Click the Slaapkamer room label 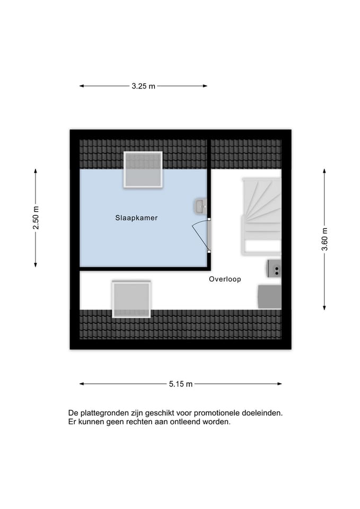[136, 218]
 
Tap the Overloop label [225, 279]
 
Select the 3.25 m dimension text [144, 86]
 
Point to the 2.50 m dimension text [36, 217]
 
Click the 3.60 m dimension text [324, 239]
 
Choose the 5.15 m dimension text [181, 384]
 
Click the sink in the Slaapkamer [200, 206]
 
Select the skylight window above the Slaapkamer [143, 170]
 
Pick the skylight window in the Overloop [131, 299]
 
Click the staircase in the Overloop [261, 216]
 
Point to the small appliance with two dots [274, 268]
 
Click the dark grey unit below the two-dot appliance [270, 296]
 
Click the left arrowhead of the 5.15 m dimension [82, 384]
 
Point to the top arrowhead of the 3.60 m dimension [324, 171]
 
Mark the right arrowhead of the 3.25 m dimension [205, 86]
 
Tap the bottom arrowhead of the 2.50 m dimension [36, 265]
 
